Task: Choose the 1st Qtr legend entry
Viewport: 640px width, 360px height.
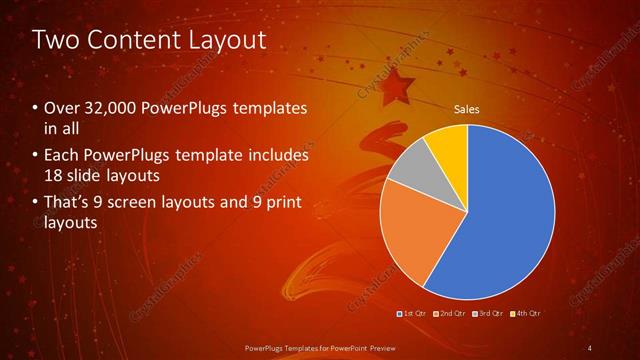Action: [x=413, y=313]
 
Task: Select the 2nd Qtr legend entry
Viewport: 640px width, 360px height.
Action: [x=450, y=313]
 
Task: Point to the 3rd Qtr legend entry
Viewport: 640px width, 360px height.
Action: [x=488, y=313]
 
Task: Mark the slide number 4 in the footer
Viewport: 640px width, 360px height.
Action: [x=590, y=347]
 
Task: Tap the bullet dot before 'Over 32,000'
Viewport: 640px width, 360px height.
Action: [x=36, y=108]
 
